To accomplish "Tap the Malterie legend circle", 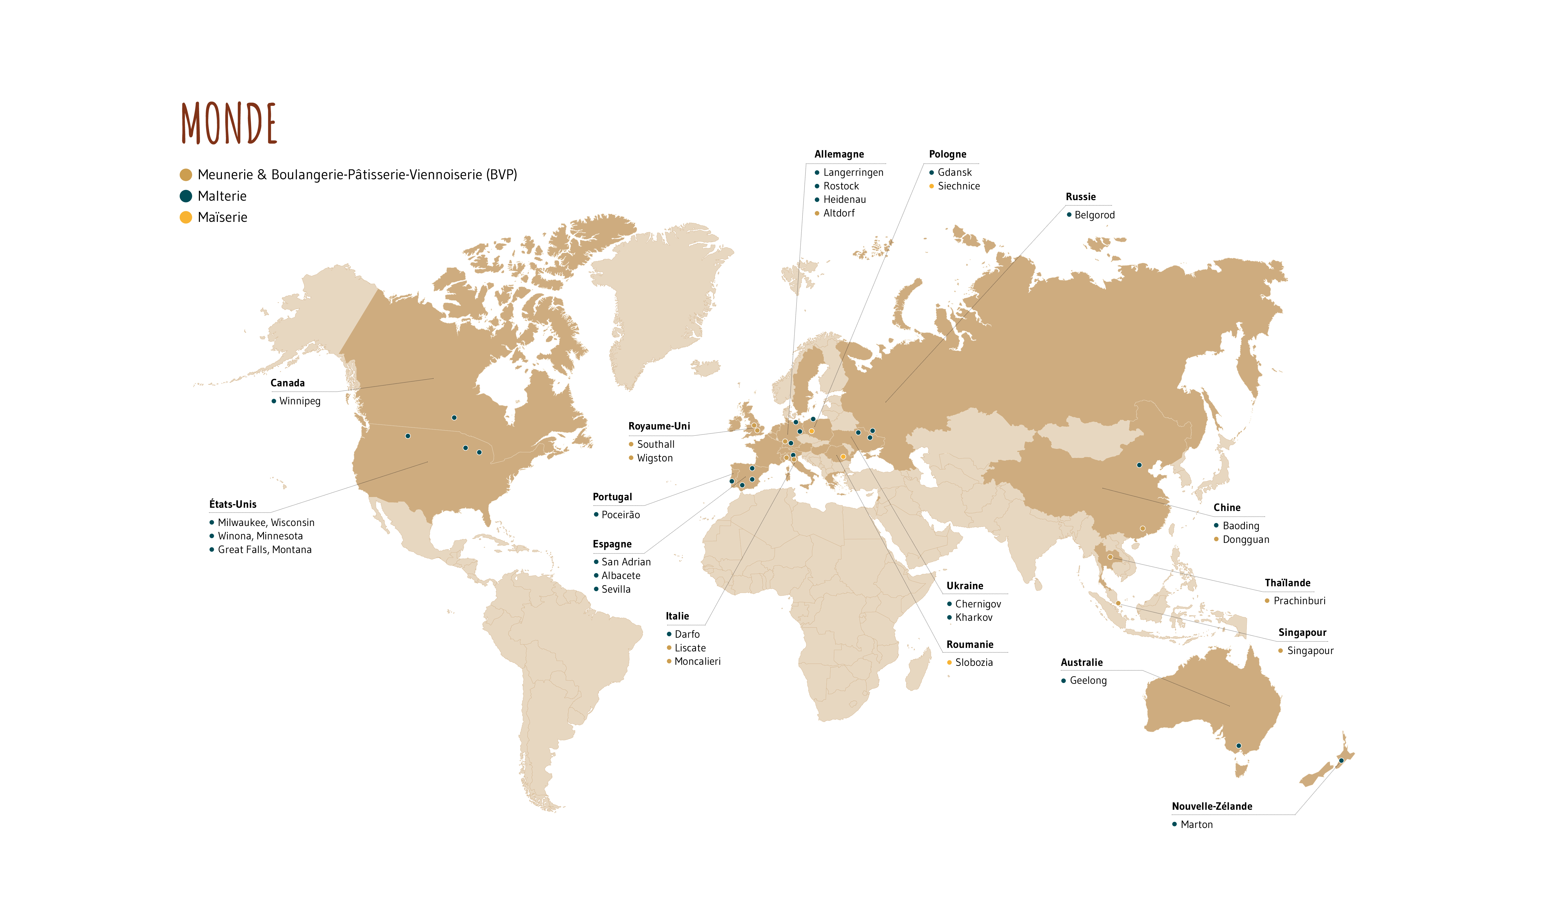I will [x=186, y=196].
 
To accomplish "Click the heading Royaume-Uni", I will [x=659, y=426].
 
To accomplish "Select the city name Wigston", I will [x=654, y=458].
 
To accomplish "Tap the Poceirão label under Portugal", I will [x=620, y=515].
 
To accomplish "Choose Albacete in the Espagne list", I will [x=620, y=575].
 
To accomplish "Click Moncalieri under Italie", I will [x=697, y=661].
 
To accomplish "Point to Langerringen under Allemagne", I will [x=853, y=173].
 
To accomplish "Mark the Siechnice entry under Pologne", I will [x=958, y=186].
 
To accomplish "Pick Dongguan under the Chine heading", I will [x=1245, y=539].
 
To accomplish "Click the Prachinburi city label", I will [x=1299, y=601].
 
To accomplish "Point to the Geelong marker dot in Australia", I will [x=1239, y=746].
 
